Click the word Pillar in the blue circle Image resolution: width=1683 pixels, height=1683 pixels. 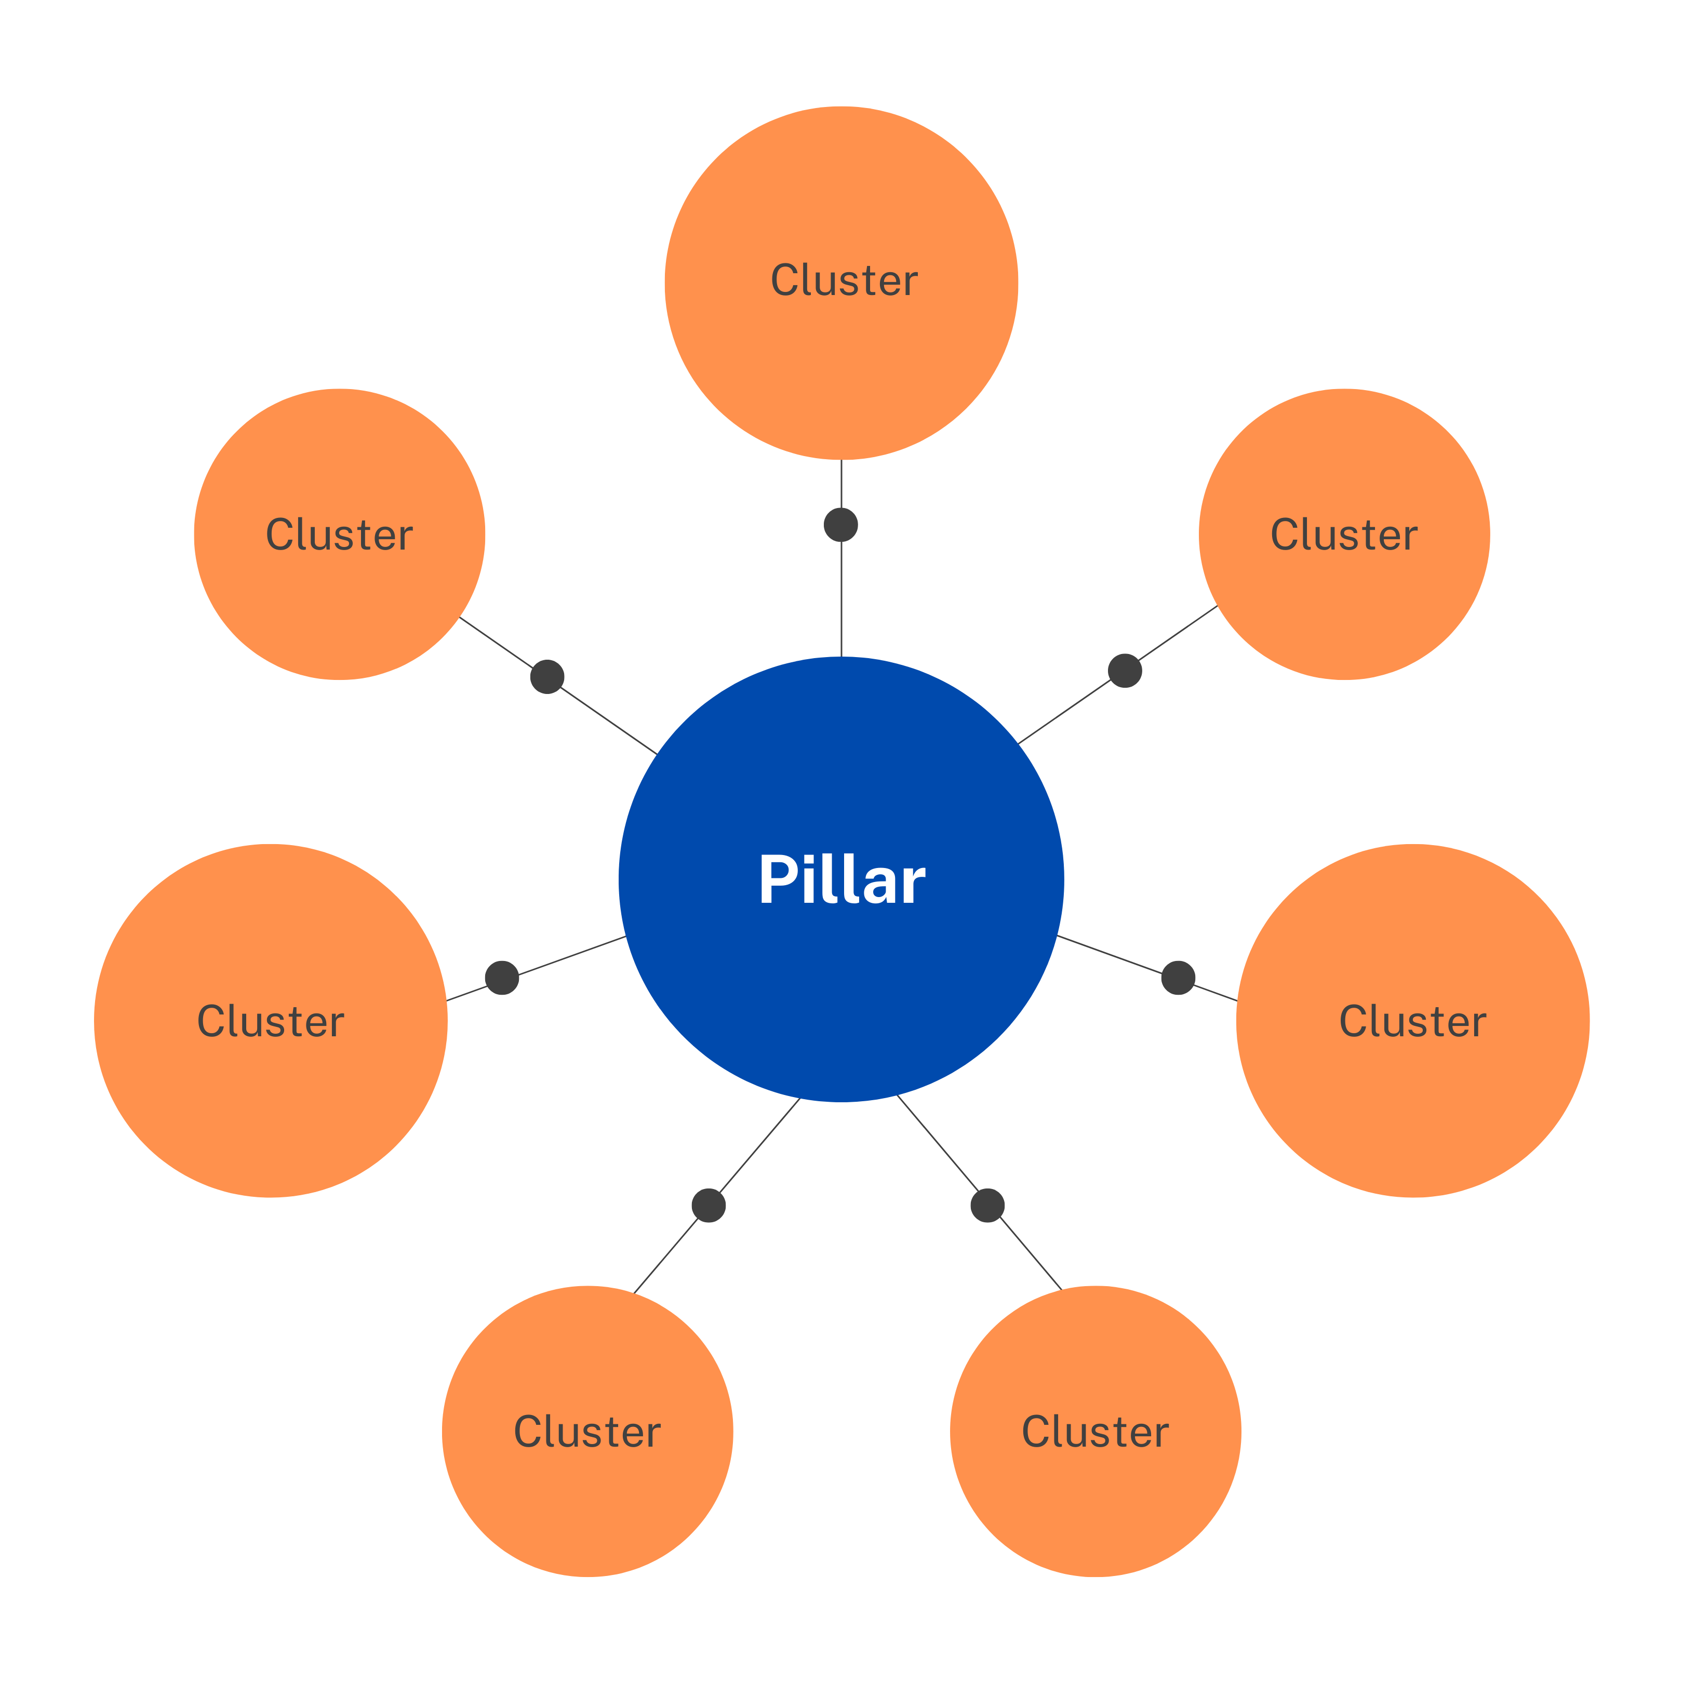pyautogui.click(x=842, y=880)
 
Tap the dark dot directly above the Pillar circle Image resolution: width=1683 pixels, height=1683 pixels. pyautogui.click(x=840, y=525)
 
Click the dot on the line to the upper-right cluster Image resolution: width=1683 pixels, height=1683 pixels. pyautogui.click(x=1125, y=671)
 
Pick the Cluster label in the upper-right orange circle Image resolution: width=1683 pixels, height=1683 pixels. pyautogui.click(x=1343, y=535)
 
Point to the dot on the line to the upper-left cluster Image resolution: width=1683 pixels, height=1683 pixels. pyautogui.click(x=547, y=677)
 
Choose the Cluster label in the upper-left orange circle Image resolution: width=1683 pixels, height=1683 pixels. pyautogui.click(x=339, y=535)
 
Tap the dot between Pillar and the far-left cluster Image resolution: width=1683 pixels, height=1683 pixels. pyautogui.click(x=502, y=978)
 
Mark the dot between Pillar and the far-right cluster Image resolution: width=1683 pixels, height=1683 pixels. pyautogui.click(x=1178, y=978)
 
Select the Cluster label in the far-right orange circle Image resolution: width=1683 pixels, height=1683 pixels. pyautogui.click(x=1412, y=1021)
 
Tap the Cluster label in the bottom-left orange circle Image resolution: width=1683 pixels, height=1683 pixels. pyautogui.click(x=587, y=1431)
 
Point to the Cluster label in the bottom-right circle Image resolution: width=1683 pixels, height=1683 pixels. pyautogui.click(x=1095, y=1431)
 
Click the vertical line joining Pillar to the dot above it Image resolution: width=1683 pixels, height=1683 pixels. pyautogui.click(x=842, y=601)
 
